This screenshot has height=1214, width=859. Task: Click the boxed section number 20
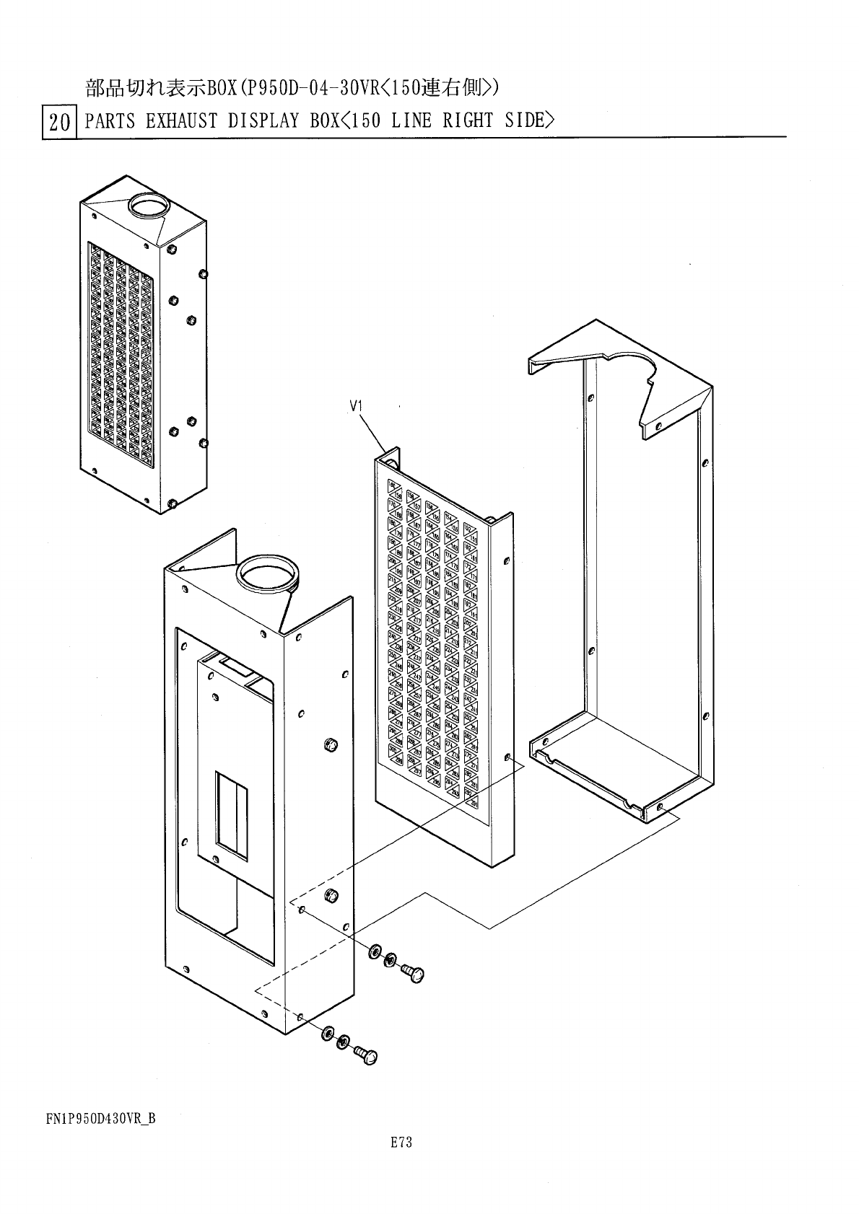(59, 123)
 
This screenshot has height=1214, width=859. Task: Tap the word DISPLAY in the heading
(263, 120)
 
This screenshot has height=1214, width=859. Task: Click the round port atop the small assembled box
(148, 207)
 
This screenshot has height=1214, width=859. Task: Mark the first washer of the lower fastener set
(328, 1033)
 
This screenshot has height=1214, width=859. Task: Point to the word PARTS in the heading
(110, 120)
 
